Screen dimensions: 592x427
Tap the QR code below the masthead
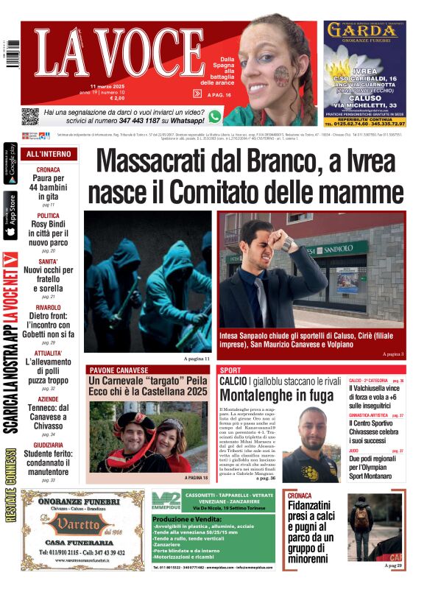tap(29, 116)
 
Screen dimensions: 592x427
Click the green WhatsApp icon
tap(215, 116)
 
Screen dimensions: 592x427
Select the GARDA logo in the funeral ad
tap(364, 31)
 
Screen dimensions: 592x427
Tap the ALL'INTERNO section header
tap(49, 154)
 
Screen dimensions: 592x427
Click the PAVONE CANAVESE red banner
tap(119, 370)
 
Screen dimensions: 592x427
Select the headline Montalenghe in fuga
tap(275, 395)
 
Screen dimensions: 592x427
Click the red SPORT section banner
tap(231, 370)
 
